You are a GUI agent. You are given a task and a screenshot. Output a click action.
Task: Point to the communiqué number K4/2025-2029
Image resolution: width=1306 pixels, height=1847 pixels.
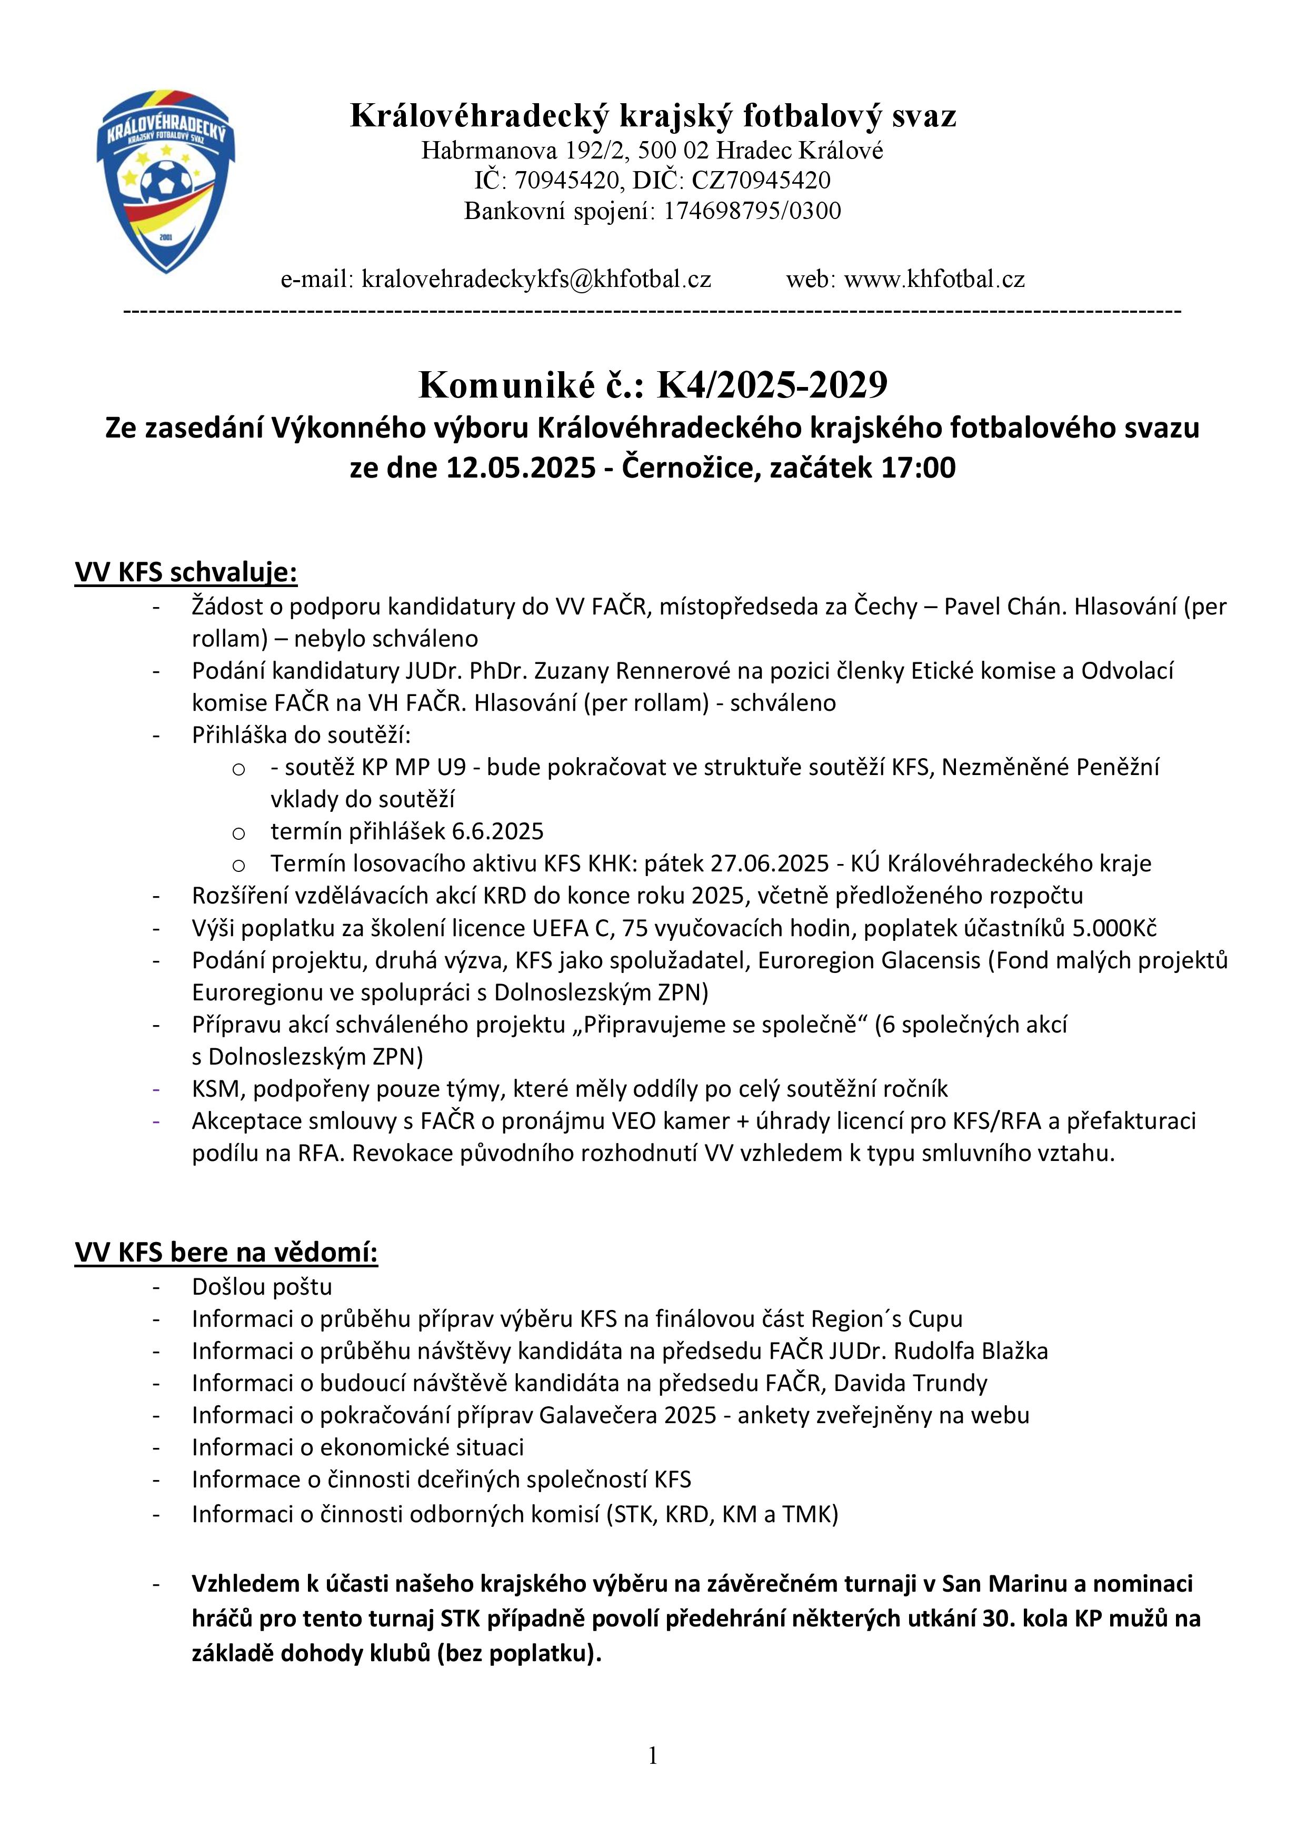[772, 384]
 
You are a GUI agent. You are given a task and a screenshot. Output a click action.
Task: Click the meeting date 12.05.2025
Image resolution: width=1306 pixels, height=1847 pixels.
[521, 468]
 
